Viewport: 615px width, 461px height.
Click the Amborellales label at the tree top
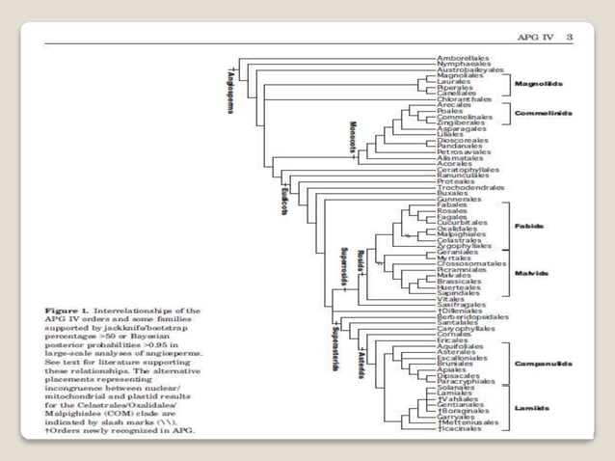[x=457, y=59]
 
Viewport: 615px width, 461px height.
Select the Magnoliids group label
[x=540, y=84]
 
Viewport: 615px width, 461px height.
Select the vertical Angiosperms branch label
[x=224, y=93]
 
